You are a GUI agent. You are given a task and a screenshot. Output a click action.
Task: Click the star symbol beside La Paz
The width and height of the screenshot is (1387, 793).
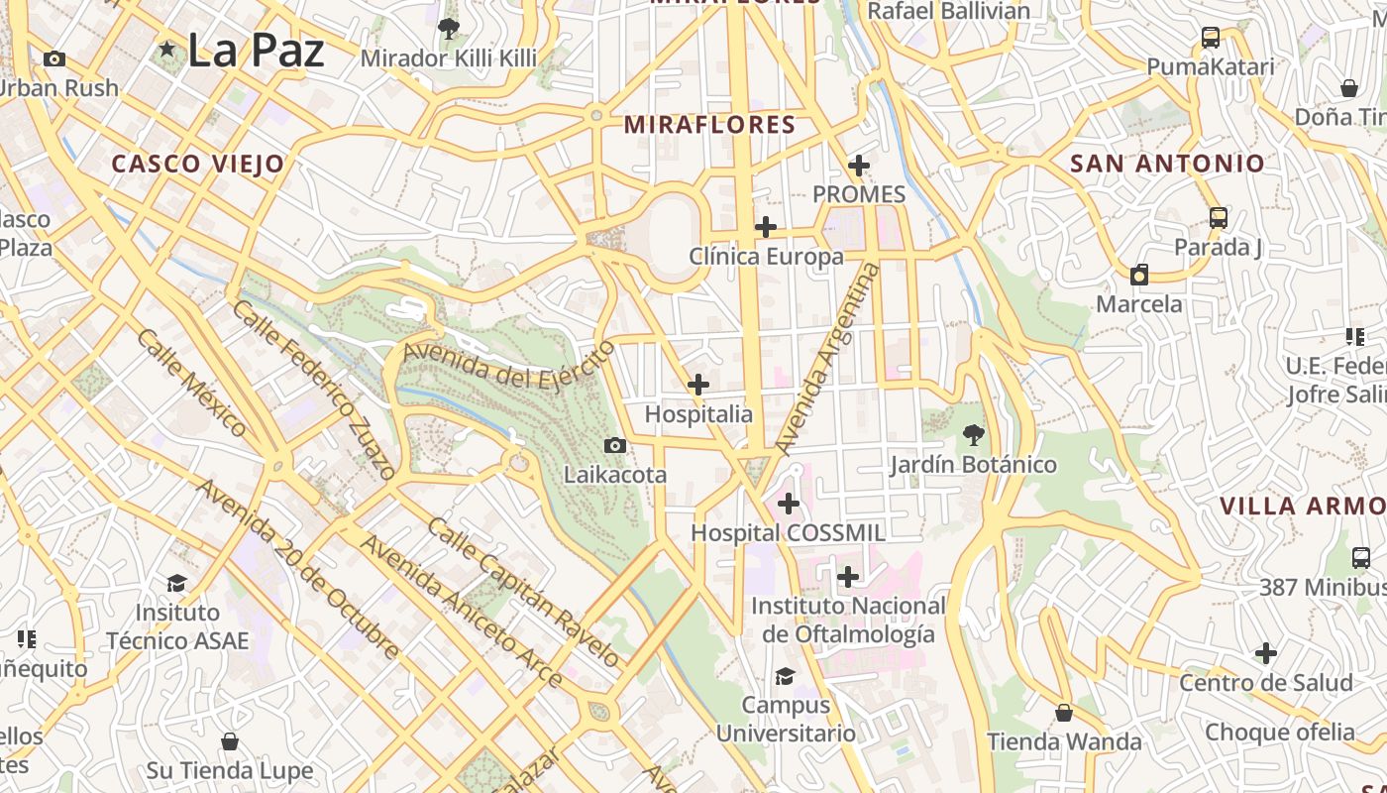click(166, 49)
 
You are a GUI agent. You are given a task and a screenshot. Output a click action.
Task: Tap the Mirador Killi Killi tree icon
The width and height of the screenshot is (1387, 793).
click(448, 28)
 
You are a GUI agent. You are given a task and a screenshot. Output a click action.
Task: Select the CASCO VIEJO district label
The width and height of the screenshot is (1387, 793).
click(197, 164)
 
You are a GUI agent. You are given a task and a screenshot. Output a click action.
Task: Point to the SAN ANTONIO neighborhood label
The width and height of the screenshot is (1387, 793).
click(1167, 164)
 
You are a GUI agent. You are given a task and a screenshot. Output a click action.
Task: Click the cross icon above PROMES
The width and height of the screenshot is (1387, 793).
click(859, 166)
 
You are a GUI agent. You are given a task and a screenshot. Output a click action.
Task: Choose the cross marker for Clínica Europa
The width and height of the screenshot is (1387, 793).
click(765, 227)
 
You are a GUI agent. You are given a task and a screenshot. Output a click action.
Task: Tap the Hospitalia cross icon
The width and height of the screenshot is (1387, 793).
click(698, 384)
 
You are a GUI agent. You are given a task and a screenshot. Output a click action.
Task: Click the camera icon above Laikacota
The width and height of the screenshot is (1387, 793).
click(615, 446)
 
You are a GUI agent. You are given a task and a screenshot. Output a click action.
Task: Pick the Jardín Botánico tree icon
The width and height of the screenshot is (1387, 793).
click(973, 434)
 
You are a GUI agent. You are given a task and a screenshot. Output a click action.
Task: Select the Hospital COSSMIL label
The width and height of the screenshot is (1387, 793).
click(788, 532)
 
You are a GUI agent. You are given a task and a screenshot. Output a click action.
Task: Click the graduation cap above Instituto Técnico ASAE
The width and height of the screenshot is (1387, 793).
click(177, 583)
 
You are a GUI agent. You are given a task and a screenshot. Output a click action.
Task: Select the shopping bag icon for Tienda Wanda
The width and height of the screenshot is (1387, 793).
click(1064, 713)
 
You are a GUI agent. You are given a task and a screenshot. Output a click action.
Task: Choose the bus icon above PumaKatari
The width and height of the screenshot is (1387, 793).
click(1210, 38)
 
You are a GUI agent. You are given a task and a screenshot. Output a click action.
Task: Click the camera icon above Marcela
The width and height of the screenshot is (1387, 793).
click(1139, 275)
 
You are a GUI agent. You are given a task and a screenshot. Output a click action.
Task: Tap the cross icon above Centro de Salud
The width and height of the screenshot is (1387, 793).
click(1265, 653)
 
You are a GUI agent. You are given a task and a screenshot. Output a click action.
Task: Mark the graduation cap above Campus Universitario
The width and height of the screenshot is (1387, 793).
click(785, 676)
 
